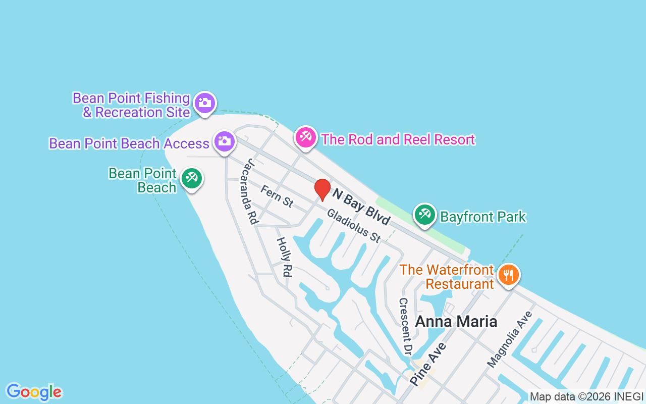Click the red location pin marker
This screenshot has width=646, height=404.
(x=322, y=189)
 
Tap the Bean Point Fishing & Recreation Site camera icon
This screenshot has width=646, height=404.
(x=204, y=103)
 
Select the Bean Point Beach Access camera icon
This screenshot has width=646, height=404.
(x=224, y=141)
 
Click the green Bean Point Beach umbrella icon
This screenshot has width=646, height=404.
(x=191, y=178)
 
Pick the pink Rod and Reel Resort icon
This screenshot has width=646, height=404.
(x=305, y=137)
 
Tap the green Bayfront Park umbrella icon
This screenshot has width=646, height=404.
(x=424, y=215)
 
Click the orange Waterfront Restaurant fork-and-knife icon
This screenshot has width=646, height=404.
(x=508, y=275)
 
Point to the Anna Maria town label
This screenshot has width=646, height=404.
(x=456, y=322)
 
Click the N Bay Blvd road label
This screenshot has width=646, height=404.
(x=361, y=206)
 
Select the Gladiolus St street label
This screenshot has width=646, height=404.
(x=353, y=225)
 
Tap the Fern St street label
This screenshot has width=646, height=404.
(x=277, y=196)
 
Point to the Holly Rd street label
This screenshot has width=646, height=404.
(x=285, y=257)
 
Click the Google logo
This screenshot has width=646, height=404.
(x=34, y=392)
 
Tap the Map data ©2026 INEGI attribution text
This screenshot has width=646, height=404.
(x=586, y=397)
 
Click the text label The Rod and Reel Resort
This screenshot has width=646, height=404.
(x=398, y=139)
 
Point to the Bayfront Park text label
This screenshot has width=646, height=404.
(x=483, y=217)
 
